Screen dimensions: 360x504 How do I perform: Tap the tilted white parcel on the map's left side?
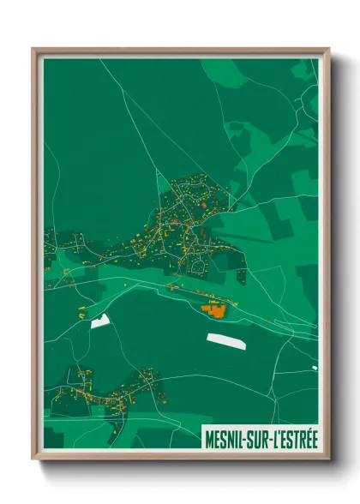pos(100,321)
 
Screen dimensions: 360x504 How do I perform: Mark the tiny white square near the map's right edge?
pos(314,368)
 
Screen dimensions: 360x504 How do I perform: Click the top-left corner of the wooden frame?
pos(33,49)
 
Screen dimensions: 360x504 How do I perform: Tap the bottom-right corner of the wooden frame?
pos(328,460)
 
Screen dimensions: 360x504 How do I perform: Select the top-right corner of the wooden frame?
pos(328,49)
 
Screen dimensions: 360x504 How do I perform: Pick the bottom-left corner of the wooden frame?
pos(33,460)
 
